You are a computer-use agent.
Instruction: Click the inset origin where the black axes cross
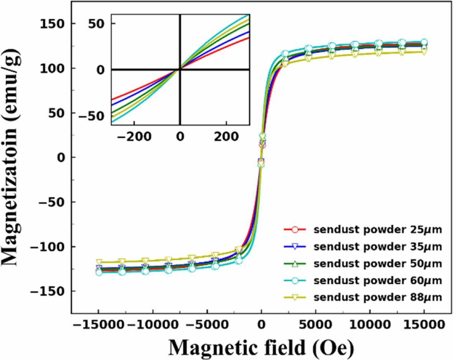pyautogui.click(x=180, y=69)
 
